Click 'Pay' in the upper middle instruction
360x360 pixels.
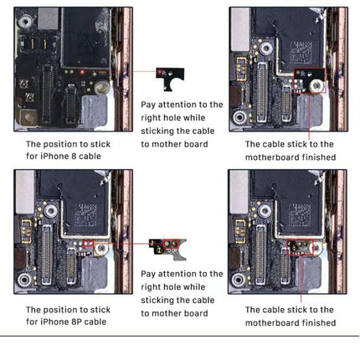point(150,105)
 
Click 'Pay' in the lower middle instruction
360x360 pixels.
point(150,274)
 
